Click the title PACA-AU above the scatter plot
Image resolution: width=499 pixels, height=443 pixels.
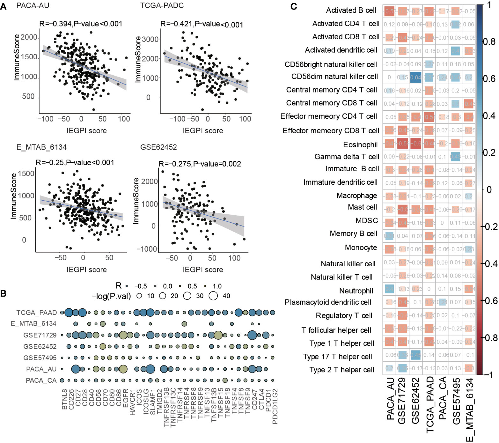pos(33,6)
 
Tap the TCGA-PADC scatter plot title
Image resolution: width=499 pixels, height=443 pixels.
pos(162,6)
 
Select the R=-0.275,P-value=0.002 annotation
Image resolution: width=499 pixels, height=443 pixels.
pos(200,164)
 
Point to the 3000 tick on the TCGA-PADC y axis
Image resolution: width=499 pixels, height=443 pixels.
pos(150,39)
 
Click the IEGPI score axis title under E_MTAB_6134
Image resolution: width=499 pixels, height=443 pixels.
pos(86,269)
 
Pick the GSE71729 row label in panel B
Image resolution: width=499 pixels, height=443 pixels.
pos(40,335)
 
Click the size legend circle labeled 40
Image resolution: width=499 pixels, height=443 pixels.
pos(213,296)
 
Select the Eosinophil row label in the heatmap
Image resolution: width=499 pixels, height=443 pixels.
pos(360,145)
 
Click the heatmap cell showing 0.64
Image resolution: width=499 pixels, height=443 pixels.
pos(416,78)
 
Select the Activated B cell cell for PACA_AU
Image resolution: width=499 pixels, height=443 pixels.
pos(389,11)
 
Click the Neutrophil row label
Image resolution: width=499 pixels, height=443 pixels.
pos(356,291)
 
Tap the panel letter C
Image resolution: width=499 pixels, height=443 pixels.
pos(294,6)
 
